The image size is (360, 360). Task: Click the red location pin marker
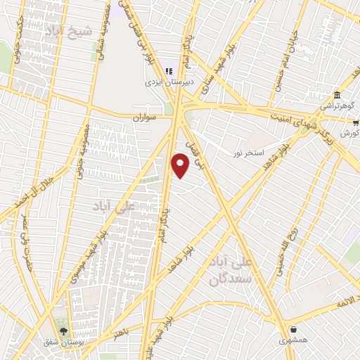(x=181, y=166)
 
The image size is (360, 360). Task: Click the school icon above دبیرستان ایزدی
(x=168, y=70)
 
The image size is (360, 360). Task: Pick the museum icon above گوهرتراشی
(x=337, y=95)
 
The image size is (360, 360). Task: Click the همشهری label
(x=292, y=340)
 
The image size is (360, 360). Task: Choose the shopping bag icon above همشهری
(x=292, y=329)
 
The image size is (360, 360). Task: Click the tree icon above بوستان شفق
(x=64, y=330)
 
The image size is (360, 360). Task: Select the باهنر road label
(x=122, y=335)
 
